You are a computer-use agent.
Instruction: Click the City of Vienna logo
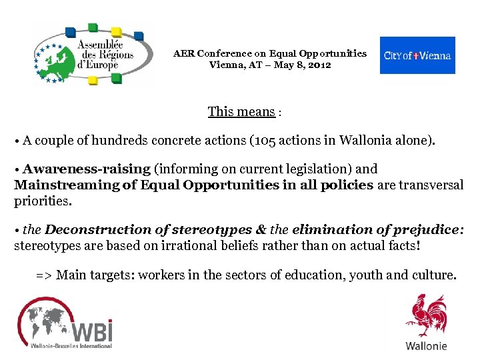pyautogui.click(x=417, y=55)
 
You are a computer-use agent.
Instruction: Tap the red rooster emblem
pyautogui.click(x=427, y=317)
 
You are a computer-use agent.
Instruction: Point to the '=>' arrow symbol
pyautogui.click(x=43, y=275)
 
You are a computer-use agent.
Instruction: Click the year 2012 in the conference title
pyautogui.click(x=318, y=65)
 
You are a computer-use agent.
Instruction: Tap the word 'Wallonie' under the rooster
pyautogui.click(x=426, y=346)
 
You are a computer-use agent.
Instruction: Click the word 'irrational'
pyautogui.click(x=185, y=245)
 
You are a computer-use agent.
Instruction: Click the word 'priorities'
pyautogui.click(x=41, y=201)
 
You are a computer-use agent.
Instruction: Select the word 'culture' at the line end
pyautogui.click(x=434, y=275)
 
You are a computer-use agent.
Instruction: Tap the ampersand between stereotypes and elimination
pyautogui.click(x=261, y=230)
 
